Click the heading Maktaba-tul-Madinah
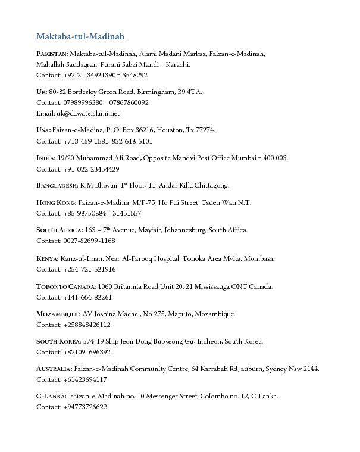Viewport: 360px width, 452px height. point(80,36)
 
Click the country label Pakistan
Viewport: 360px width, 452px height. point(52,54)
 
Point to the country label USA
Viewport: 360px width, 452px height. point(43,130)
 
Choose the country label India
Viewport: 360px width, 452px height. point(46,158)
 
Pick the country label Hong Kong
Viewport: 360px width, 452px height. point(55,202)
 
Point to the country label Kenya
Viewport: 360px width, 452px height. point(47,258)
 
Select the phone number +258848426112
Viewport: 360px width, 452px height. point(87,325)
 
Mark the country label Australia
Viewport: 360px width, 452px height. point(54,369)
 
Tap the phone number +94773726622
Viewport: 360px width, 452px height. point(85,407)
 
